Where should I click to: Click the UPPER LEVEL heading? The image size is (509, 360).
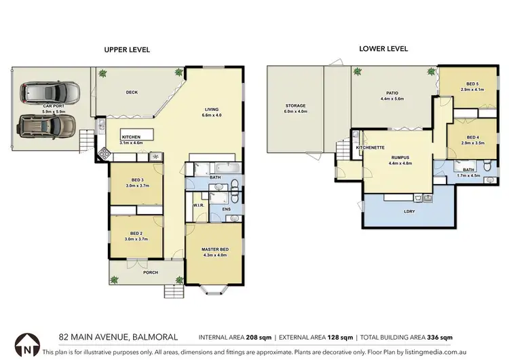click(127, 50)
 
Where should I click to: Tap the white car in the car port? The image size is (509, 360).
click(50, 92)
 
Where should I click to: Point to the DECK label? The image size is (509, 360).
click(133, 93)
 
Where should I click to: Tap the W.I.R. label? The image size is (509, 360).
click(199, 205)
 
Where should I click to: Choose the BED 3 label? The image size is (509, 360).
click(136, 180)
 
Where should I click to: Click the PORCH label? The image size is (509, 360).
click(150, 273)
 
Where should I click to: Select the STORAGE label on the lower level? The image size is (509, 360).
click(295, 106)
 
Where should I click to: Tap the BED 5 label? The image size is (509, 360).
click(472, 84)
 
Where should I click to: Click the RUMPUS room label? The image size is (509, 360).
click(399, 158)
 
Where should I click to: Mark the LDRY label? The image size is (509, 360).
click(409, 211)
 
